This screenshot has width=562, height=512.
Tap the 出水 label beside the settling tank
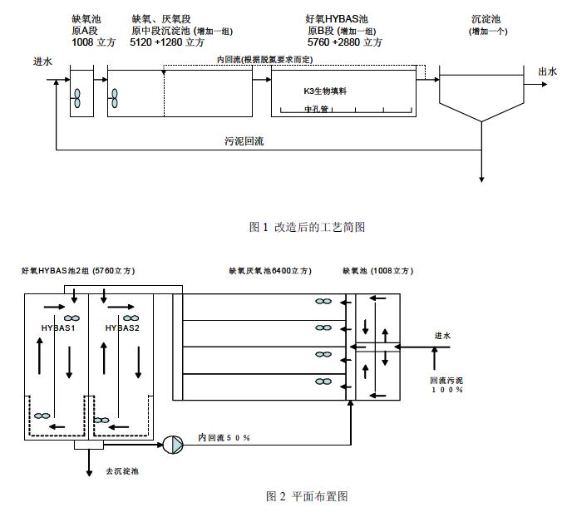click(546, 71)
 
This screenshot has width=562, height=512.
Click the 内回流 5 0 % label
click(224, 437)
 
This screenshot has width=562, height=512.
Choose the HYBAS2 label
click(122, 328)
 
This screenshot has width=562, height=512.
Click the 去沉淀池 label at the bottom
click(121, 471)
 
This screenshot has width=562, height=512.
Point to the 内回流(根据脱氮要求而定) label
click(264, 60)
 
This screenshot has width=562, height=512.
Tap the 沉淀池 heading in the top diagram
click(486, 18)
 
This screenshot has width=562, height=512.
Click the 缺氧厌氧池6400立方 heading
click(270, 272)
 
